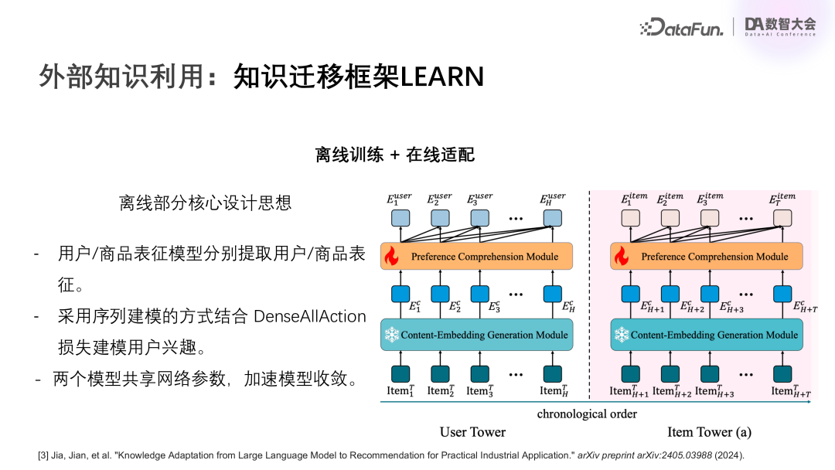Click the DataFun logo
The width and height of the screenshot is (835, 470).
(x=682, y=28)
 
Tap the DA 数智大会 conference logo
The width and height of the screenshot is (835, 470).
(x=779, y=26)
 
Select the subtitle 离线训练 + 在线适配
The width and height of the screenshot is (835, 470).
(x=394, y=155)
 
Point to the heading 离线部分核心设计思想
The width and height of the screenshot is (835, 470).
(x=205, y=203)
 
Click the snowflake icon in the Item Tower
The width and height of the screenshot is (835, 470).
(x=621, y=335)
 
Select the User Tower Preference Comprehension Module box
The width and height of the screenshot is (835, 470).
(x=476, y=256)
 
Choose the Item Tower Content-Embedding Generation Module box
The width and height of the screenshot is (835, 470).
(x=707, y=335)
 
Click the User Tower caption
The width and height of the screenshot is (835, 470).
(x=472, y=432)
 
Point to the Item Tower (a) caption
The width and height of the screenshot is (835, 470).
(x=709, y=432)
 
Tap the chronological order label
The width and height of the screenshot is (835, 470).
(x=587, y=414)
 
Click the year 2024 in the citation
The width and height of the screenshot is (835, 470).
(x=726, y=455)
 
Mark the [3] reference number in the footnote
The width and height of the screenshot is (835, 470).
(x=44, y=455)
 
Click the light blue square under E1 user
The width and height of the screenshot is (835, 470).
(x=400, y=218)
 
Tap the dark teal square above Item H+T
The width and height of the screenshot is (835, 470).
(x=782, y=373)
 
